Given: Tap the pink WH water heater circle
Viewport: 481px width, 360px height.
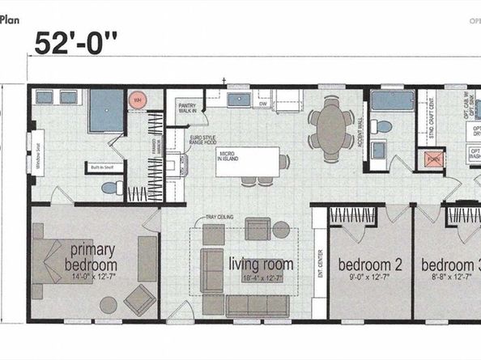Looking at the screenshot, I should coord(137,100).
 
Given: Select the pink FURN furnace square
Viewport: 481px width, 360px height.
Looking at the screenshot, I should coord(435,159).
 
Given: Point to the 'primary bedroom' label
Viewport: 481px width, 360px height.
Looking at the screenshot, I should coord(92,256).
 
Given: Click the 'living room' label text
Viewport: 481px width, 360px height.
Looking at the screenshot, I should coord(261,264).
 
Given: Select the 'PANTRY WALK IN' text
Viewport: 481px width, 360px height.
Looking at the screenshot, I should coord(187,108).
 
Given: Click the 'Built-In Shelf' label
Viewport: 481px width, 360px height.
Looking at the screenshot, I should coord(100,168).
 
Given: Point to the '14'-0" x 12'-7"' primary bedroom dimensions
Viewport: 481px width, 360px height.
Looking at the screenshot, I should coord(92,277).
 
